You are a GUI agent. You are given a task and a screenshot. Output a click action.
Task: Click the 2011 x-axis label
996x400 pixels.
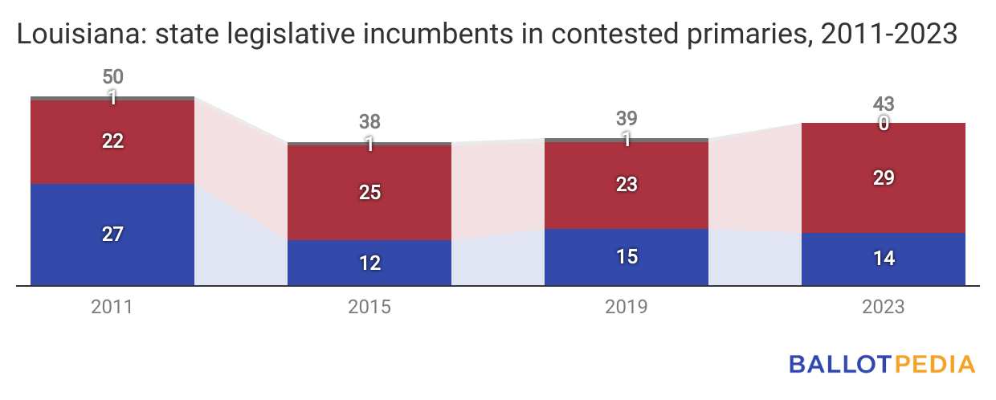[x=112, y=308]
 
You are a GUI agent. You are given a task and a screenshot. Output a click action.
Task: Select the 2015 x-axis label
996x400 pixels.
[x=369, y=308]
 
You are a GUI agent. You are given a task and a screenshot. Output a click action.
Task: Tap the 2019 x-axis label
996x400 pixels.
[x=627, y=308]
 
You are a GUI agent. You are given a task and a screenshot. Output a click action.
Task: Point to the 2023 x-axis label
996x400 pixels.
[x=884, y=308]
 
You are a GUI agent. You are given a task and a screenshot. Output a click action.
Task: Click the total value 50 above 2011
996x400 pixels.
[x=113, y=78]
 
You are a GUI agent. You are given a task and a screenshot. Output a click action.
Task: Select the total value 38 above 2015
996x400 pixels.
[x=369, y=122]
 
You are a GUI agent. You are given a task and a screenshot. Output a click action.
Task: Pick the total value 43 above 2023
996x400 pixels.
[x=884, y=104]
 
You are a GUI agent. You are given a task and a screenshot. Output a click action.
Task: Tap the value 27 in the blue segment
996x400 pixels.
[x=113, y=235]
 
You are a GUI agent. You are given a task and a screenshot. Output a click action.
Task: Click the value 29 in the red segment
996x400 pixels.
[x=884, y=178]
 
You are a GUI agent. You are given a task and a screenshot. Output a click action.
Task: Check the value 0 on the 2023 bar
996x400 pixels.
[x=884, y=124]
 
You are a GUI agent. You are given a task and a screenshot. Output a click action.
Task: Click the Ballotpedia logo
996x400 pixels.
[x=882, y=364]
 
